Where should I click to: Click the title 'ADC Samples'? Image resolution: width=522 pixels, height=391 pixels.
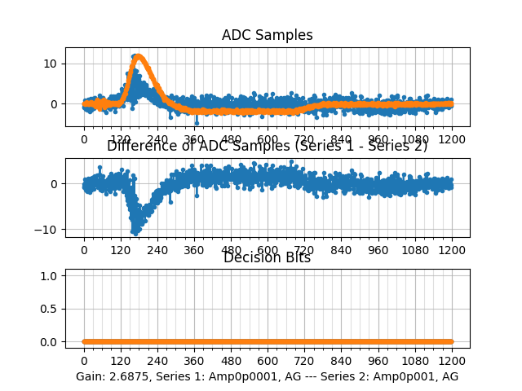(x=267, y=35)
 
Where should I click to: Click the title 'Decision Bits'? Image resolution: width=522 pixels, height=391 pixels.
(x=267, y=258)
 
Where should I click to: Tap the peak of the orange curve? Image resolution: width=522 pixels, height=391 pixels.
(x=139, y=56)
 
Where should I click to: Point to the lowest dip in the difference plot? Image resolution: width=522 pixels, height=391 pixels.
(x=135, y=231)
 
